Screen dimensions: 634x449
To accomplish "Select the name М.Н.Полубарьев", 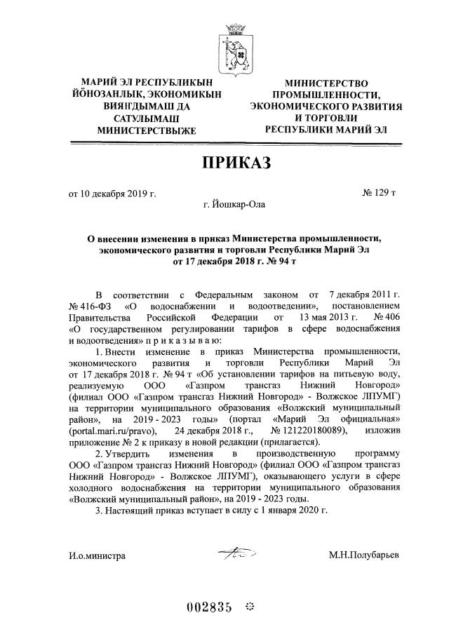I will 363,555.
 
